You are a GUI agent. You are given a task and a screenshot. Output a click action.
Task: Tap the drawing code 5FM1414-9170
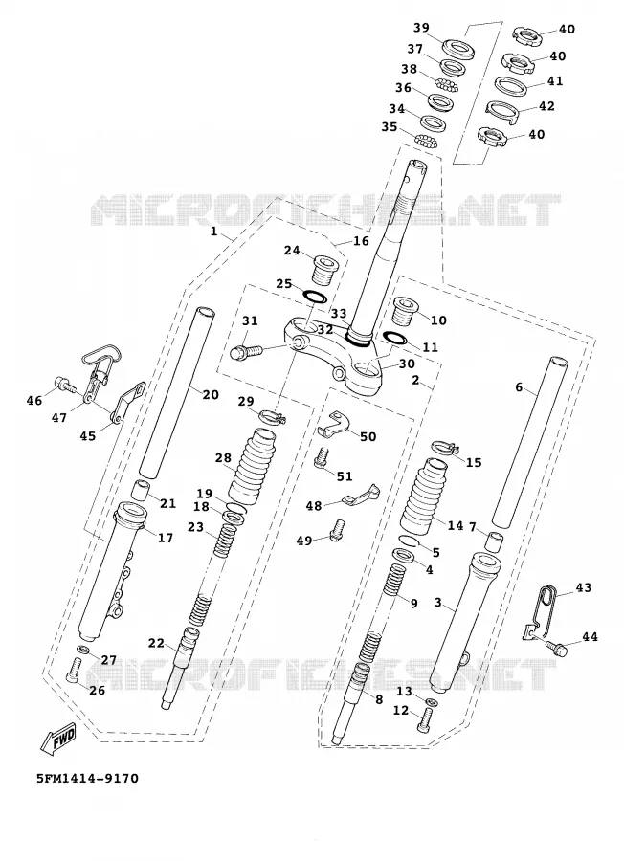point(87,778)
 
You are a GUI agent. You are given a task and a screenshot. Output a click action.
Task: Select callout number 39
point(421,28)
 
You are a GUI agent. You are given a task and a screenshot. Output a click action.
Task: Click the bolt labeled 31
point(245,351)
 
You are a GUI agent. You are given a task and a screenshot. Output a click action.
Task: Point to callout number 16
point(361,241)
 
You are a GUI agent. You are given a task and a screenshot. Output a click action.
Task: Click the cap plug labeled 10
point(405,310)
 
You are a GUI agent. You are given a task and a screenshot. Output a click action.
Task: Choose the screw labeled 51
point(323,459)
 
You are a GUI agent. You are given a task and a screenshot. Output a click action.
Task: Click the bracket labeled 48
point(360,495)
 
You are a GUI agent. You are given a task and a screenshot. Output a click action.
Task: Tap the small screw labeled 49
point(336,529)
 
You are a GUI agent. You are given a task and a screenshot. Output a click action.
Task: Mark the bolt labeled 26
point(74,671)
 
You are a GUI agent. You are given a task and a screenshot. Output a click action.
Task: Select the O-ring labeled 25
point(315,297)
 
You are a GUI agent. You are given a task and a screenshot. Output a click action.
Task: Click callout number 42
point(546,106)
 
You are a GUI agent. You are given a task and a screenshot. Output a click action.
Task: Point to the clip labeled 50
point(335,424)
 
